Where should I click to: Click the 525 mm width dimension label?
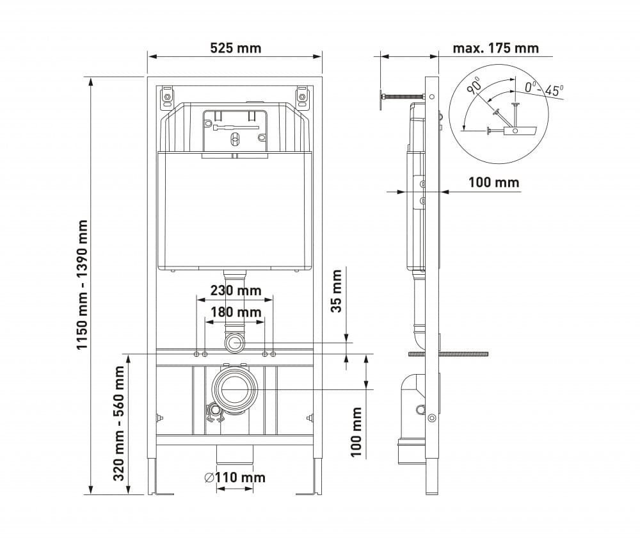tap(236, 48)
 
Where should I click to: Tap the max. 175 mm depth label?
tap(495, 48)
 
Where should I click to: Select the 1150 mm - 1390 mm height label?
tap(83, 285)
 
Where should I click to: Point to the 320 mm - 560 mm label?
tap(118, 423)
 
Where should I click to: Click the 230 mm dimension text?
tap(236, 290)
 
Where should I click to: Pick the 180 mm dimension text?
tap(236, 312)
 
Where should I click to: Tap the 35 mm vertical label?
tap(336, 291)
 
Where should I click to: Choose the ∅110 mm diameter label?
tap(235, 477)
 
